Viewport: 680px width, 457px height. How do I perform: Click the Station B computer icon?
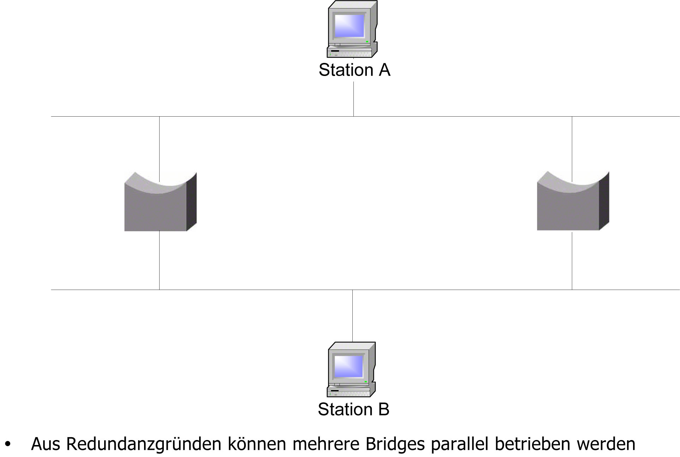pyautogui.click(x=351, y=370)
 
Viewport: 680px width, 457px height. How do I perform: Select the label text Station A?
pyautogui.click(x=354, y=70)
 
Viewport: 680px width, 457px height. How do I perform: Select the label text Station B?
pyautogui.click(x=353, y=409)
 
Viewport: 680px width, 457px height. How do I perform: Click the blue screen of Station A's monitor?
pyautogui.click(x=349, y=25)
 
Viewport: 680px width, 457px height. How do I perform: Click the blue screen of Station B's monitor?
pyautogui.click(x=348, y=366)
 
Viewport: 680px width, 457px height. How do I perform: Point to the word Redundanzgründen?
pyautogui.click(x=143, y=444)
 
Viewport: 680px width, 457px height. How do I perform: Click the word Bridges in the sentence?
pyautogui.click(x=395, y=444)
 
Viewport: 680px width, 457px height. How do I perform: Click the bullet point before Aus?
pyautogui.click(x=8, y=444)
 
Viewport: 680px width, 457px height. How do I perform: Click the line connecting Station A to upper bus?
pyautogui.click(x=353, y=99)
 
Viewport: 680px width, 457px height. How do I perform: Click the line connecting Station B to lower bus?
pyautogui.click(x=352, y=315)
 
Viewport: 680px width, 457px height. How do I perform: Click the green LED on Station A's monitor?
pyautogui.click(x=367, y=42)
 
